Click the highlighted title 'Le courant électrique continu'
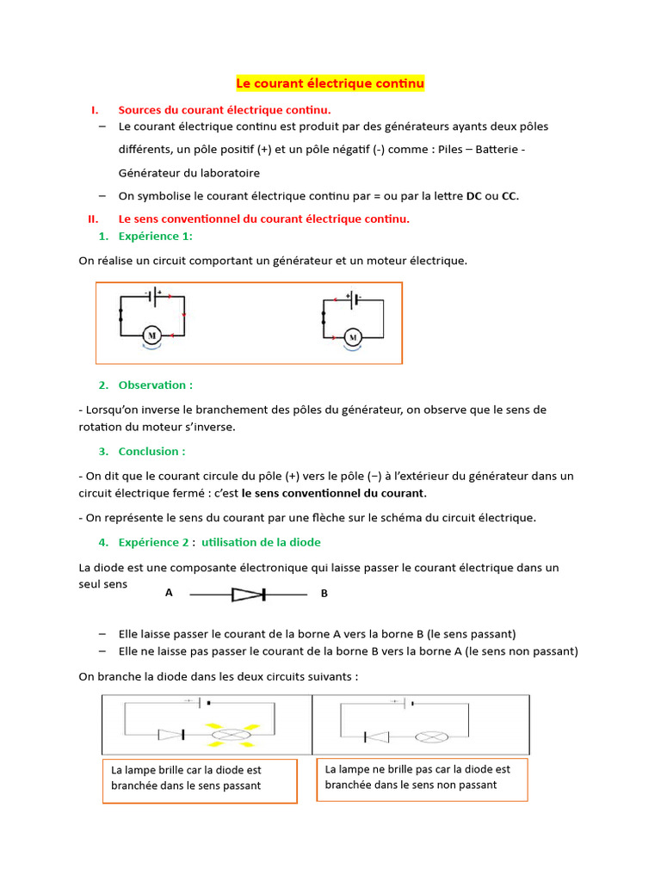330,83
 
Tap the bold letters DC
473,195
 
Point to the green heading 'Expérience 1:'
156,236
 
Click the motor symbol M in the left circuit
151,334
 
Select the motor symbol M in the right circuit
351,336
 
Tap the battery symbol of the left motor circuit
156,296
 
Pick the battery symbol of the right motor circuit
354,300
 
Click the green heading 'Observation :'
156,385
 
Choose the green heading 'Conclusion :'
152,451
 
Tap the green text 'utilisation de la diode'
261,542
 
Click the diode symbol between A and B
250,594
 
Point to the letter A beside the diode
169,593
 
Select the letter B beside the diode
324,594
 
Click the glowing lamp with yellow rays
230,735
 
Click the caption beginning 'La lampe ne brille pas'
422,778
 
